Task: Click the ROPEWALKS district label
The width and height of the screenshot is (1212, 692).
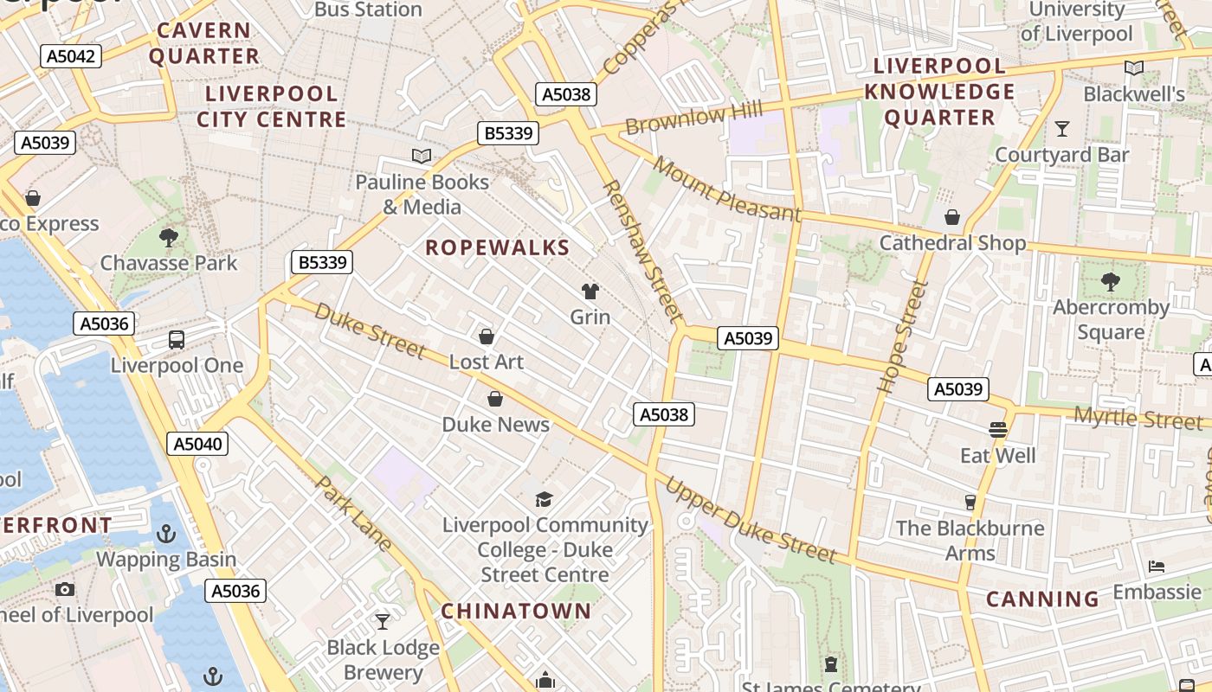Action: pyautogui.click(x=498, y=248)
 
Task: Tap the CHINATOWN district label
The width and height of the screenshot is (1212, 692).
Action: pyautogui.click(x=516, y=611)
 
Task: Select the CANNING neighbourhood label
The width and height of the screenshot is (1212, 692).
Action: pyautogui.click(x=1042, y=599)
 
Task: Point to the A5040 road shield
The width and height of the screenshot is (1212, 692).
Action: pyautogui.click(x=197, y=444)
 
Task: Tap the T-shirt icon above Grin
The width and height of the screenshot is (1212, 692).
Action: pyautogui.click(x=590, y=292)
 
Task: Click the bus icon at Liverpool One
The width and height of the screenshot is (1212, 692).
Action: pyautogui.click(x=177, y=340)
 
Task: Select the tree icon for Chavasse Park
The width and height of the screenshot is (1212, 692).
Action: pyautogui.click(x=169, y=237)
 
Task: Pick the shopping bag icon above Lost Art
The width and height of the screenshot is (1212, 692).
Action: pyautogui.click(x=487, y=336)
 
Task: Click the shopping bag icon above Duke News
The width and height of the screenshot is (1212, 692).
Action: pyautogui.click(x=495, y=399)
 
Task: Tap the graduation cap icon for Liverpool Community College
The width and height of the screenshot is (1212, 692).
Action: pyautogui.click(x=544, y=499)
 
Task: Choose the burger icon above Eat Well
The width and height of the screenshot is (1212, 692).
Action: pyautogui.click(x=997, y=430)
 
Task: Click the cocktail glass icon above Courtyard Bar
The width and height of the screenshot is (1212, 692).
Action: pyautogui.click(x=1062, y=129)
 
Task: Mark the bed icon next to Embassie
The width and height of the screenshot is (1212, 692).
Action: pyautogui.click(x=1157, y=567)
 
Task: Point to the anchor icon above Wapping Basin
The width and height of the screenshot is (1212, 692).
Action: pyautogui.click(x=165, y=534)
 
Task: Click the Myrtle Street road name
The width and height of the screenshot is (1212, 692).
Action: pyautogui.click(x=1138, y=419)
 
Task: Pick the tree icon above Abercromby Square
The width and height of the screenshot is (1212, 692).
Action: pyautogui.click(x=1110, y=281)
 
